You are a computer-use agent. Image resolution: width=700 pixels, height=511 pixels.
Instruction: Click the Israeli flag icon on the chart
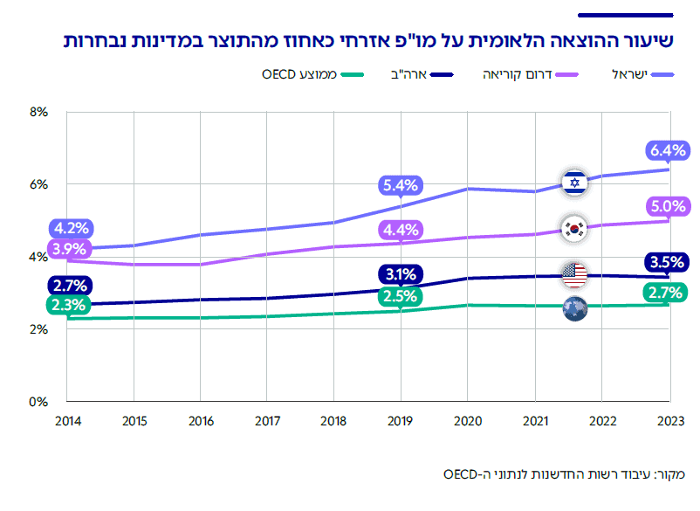click(573, 183)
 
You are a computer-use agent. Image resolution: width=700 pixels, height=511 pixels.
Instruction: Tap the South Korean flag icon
click(573, 229)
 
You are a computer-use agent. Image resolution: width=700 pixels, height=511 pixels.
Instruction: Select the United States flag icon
click(573, 275)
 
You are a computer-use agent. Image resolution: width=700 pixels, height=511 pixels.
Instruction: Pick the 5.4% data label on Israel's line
click(401, 185)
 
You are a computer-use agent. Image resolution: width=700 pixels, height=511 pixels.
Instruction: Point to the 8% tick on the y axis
click(38, 112)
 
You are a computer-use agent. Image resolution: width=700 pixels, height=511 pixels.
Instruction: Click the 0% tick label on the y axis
click(38, 402)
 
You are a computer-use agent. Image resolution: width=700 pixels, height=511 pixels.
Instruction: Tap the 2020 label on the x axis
click(469, 421)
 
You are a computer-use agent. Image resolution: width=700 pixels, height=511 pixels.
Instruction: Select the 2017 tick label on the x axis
click(268, 421)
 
